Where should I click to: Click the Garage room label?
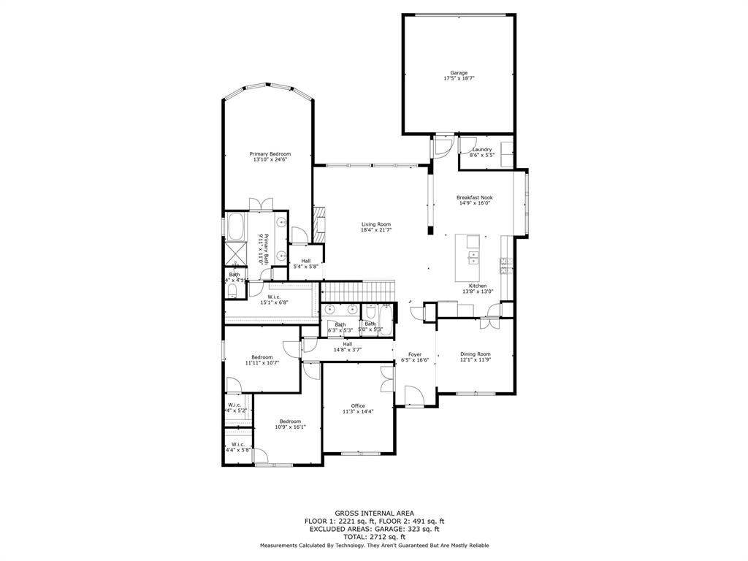458,73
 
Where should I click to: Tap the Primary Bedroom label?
270,154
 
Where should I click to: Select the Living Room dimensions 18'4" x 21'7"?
376,230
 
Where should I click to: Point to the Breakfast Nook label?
474,197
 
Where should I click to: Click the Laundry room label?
481,150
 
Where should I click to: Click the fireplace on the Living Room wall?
318,224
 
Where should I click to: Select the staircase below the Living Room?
358,291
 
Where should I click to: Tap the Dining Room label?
475,354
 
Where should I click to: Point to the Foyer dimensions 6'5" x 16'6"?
414,360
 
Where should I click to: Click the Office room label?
358,406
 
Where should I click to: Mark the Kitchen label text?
478,286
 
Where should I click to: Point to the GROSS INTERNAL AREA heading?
374,514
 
